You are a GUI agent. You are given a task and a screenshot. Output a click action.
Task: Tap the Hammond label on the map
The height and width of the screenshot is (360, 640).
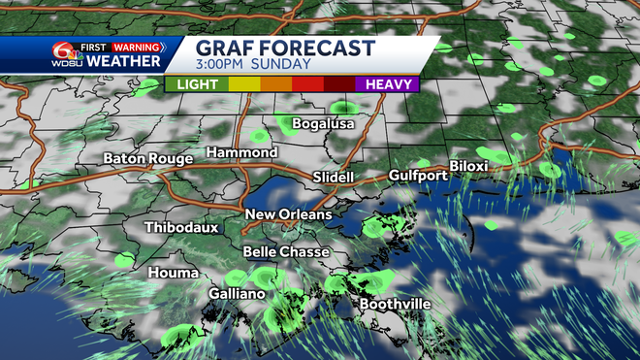(x=242, y=153)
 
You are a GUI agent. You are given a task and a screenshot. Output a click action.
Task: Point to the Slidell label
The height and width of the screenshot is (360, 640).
(x=334, y=178)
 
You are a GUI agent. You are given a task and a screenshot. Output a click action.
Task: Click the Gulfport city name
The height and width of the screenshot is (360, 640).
(x=418, y=176)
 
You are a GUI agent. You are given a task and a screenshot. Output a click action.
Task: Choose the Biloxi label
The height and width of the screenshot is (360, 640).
(x=467, y=166)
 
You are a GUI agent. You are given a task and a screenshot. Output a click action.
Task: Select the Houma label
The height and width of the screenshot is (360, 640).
(x=174, y=273)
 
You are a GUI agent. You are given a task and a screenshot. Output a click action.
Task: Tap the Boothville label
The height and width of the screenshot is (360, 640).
(x=396, y=305)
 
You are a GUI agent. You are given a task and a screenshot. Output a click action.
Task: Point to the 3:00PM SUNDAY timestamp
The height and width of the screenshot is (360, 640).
(x=254, y=64)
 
